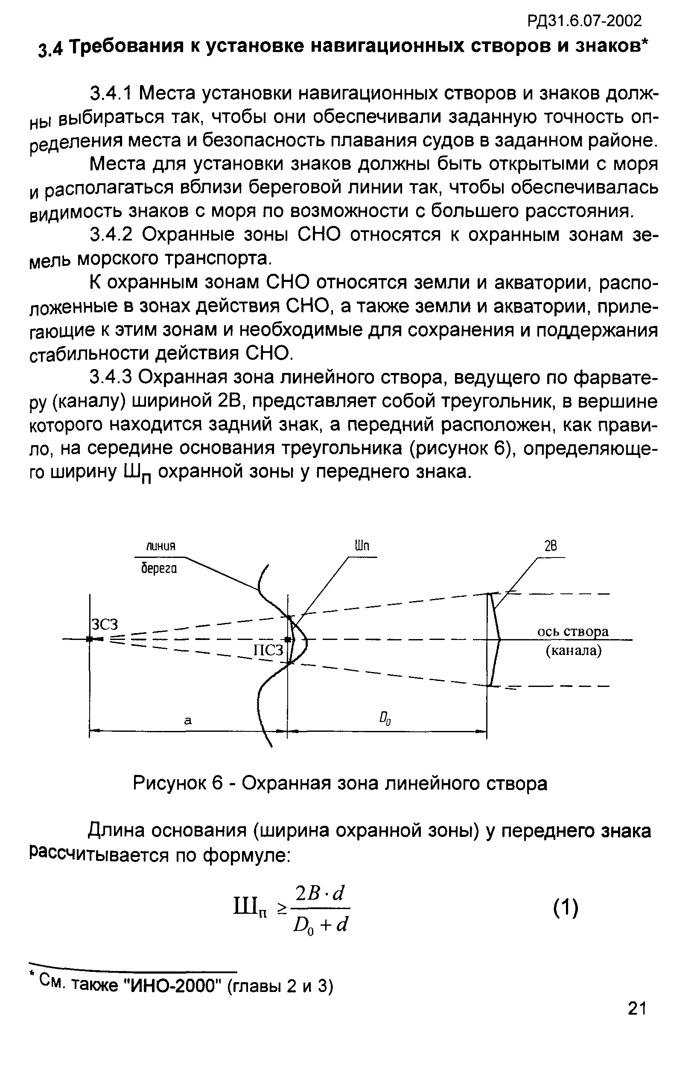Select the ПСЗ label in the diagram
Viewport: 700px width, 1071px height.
click(x=269, y=651)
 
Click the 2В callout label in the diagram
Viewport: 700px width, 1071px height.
click(x=550, y=546)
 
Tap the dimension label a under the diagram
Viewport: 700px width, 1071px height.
click(x=188, y=720)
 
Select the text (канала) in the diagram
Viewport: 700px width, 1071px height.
click(x=573, y=651)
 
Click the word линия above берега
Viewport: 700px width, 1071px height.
click(x=160, y=546)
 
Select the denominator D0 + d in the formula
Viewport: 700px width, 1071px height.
click(x=321, y=925)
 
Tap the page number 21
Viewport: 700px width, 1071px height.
click(x=636, y=1034)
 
